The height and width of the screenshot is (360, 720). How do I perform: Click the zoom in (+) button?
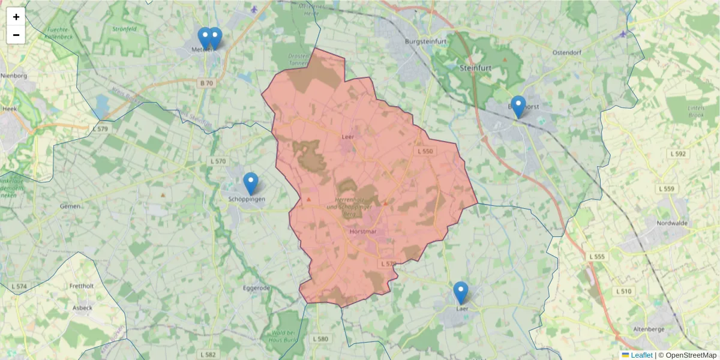[x=16, y=17]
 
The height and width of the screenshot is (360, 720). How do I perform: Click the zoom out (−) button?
[x=16, y=35]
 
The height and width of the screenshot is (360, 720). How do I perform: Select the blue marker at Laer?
[x=460, y=293]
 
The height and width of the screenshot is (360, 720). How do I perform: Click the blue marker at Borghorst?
[x=517, y=107]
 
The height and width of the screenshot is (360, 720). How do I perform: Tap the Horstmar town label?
[x=362, y=230]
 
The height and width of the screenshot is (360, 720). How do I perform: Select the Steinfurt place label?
[x=475, y=68]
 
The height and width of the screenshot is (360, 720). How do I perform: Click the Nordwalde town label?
[x=670, y=223]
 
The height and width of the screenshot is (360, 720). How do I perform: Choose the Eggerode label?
[x=256, y=288]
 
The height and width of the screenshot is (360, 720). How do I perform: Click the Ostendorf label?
[x=571, y=52]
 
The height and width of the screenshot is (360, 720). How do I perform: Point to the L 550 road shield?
[x=424, y=151]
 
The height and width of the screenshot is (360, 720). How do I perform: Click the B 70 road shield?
[x=206, y=83]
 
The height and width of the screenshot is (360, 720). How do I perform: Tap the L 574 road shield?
[x=19, y=287]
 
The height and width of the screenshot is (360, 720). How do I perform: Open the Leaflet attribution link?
[x=641, y=355]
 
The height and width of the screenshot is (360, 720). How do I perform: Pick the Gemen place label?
[x=70, y=206]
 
